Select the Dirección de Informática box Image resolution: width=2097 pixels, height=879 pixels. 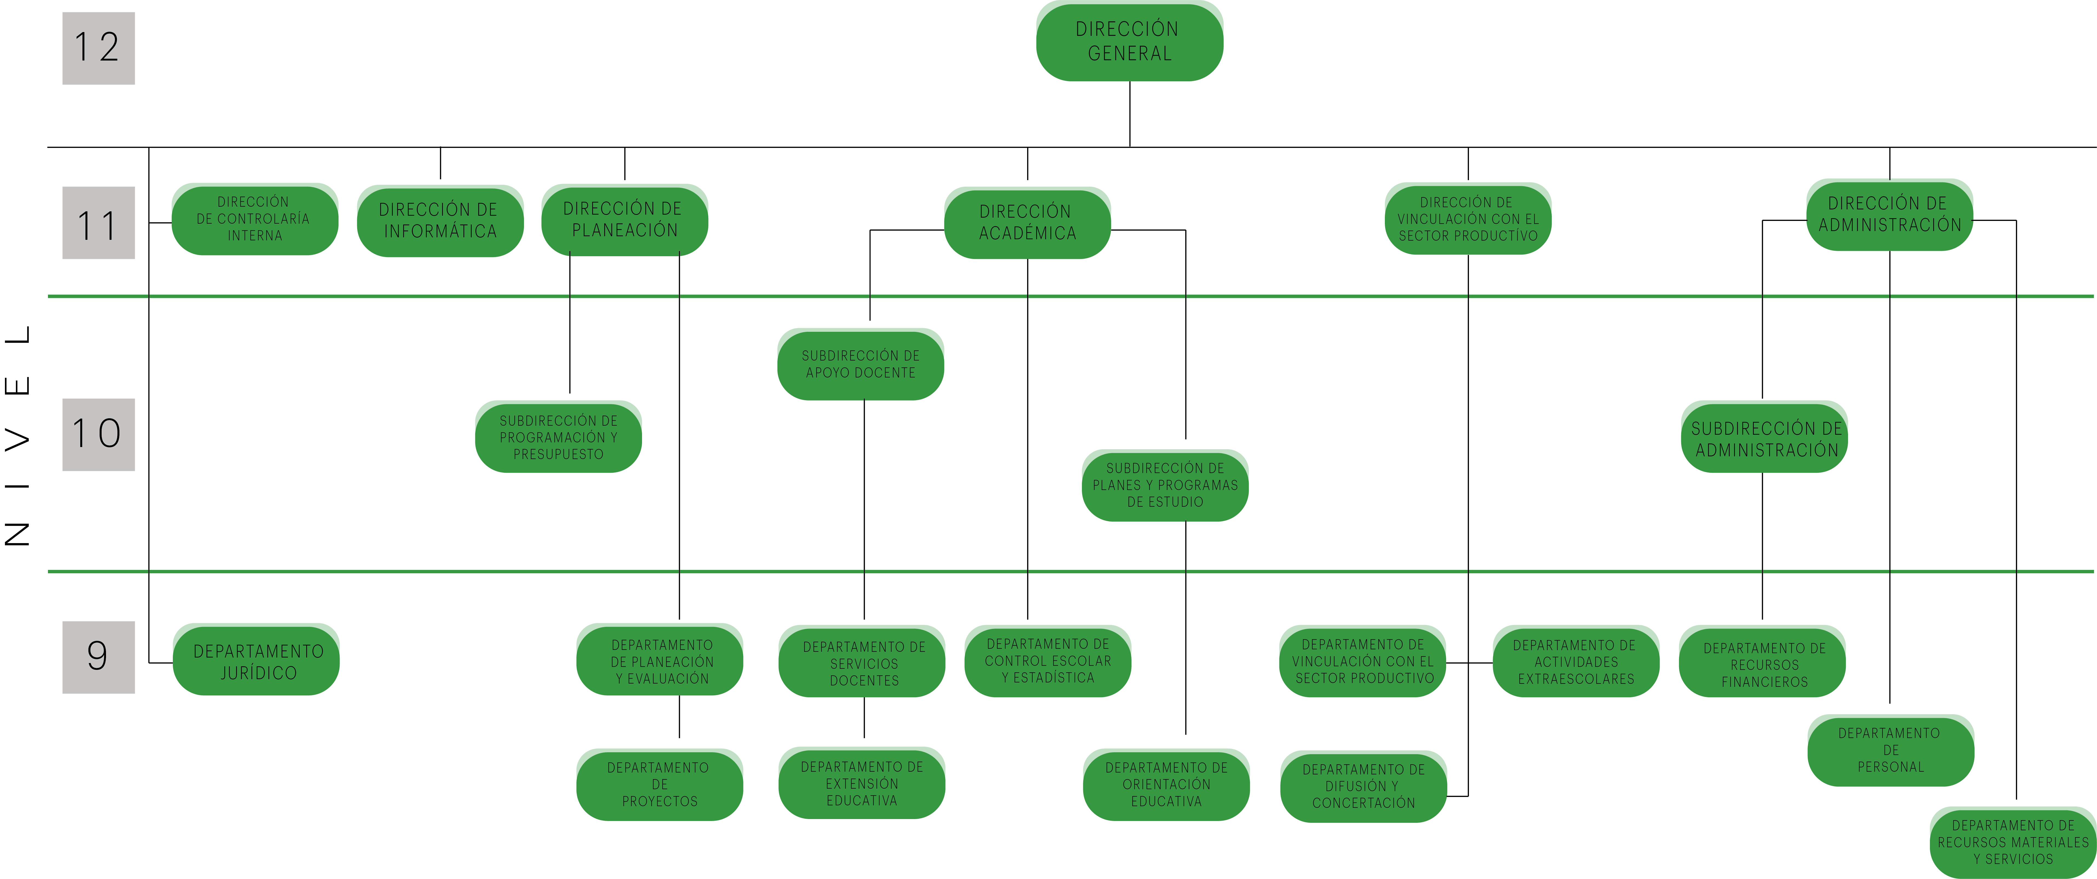(440, 221)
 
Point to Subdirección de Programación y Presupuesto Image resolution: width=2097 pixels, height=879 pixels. (558, 437)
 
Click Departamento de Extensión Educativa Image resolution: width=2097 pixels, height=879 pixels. (861, 783)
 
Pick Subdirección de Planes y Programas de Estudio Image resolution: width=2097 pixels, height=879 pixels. (1165, 485)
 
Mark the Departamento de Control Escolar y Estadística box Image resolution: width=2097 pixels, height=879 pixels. (1048, 661)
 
